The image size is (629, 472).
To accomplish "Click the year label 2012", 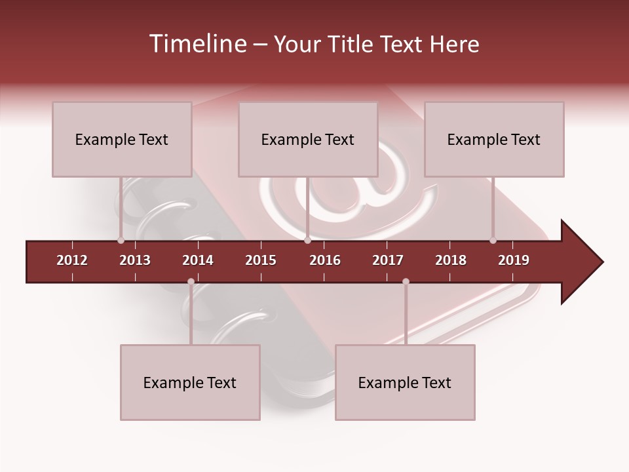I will point(72,260).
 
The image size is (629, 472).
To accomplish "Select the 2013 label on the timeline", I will point(135,260).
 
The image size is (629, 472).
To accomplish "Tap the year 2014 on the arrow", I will point(198,260).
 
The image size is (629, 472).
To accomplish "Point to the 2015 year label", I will point(261,260).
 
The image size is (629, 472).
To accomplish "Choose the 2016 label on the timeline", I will point(325,260).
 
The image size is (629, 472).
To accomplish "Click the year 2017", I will point(388,260).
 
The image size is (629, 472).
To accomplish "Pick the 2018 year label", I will point(451,260).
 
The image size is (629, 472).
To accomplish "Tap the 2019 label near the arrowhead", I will point(514,260).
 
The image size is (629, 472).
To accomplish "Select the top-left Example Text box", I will point(122,140).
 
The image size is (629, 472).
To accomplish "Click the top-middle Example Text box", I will point(308,140).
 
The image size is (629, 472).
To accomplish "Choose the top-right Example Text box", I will point(494,140).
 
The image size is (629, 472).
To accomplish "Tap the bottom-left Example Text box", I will point(190,383).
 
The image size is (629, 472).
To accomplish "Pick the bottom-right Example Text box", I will point(405,383).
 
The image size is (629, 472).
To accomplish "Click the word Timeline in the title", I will point(197,44).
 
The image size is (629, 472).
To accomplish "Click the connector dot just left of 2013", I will point(121,241).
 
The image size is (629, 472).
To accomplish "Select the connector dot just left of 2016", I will point(307,241).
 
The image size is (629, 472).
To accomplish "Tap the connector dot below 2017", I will point(406,282).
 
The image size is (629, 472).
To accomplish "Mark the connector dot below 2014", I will point(191,282).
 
